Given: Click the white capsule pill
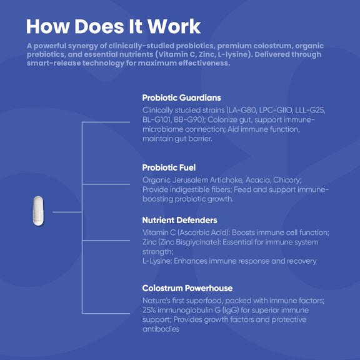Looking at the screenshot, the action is tap(38, 211).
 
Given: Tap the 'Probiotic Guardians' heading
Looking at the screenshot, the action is tap(181, 97).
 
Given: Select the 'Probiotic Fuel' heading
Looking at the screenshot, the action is tap(169, 167).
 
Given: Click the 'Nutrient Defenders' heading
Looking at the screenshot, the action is tap(179, 220).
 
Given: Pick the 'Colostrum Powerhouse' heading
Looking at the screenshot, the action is tap(187, 288).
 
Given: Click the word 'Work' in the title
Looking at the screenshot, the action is tap(174, 27).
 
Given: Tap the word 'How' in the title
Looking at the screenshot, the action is tap(47, 27).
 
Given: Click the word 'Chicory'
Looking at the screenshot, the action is tap(287, 180).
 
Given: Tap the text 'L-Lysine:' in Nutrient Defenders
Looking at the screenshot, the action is tap(157, 261).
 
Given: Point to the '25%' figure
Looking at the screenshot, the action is tap(149, 310).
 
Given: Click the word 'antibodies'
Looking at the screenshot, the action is tap(161, 329).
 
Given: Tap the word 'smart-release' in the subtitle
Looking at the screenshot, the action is tap(54, 63).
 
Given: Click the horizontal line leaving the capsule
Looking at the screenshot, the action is tap(67, 212).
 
